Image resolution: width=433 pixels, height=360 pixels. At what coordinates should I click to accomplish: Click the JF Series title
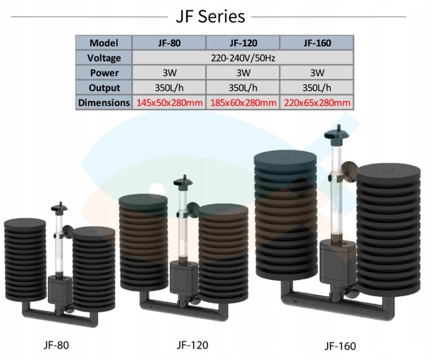click(x=210, y=16)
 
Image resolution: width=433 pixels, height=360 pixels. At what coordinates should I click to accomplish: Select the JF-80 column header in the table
click(x=169, y=43)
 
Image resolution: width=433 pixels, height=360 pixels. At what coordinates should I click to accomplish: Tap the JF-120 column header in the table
click(x=243, y=43)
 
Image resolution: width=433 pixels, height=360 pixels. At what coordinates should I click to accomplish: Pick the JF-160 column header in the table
click(x=316, y=43)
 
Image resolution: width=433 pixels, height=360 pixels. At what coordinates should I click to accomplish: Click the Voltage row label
click(x=103, y=58)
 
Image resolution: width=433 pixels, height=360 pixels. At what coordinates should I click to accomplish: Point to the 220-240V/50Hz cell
click(x=243, y=58)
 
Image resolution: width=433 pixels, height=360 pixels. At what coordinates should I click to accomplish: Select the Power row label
click(x=103, y=73)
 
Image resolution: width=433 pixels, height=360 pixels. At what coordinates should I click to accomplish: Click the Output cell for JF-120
click(x=243, y=88)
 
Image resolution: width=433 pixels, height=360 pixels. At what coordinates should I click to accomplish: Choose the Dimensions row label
click(x=103, y=103)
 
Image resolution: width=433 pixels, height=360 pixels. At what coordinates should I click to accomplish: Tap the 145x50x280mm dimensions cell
click(x=169, y=103)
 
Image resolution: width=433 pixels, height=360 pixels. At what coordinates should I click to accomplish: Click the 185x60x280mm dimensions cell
click(x=243, y=103)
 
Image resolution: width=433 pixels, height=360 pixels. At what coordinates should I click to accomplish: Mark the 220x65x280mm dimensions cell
click(x=316, y=103)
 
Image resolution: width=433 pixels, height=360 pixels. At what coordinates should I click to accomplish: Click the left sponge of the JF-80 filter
click(x=23, y=258)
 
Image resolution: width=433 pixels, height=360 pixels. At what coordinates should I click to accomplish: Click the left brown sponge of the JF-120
click(x=143, y=240)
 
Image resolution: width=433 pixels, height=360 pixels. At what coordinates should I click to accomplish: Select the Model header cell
click(x=103, y=43)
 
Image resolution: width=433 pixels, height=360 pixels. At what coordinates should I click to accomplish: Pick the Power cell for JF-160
click(x=316, y=73)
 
